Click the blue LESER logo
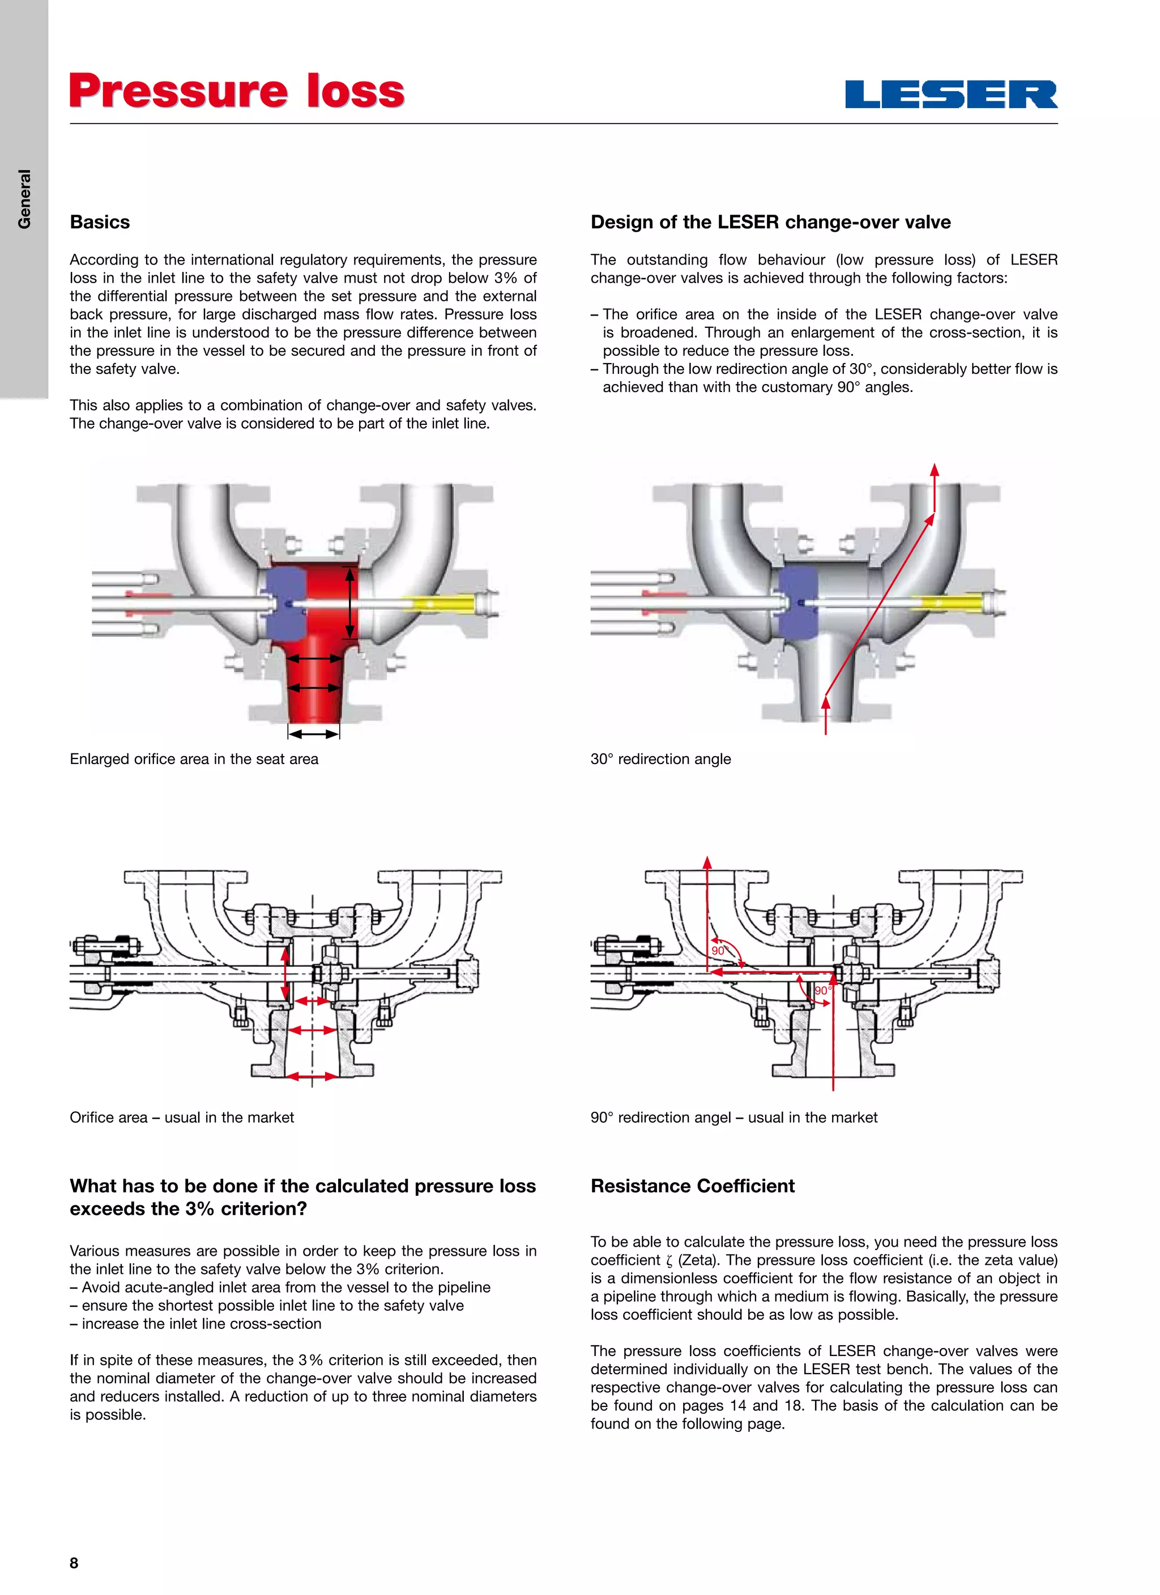click(951, 94)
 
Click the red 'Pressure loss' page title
click(237, 91)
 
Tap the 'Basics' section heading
click(100, 222)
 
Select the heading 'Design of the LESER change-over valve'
click(770, 222)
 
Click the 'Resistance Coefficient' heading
click(692, 1185)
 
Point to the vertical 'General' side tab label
click(24, 199)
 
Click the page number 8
click(74, 1563)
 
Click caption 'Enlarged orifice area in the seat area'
click(194, 759)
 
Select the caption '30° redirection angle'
click(660, 759)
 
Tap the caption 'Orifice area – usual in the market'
click(181, 1118)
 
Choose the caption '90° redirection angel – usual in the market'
click(733, 1118)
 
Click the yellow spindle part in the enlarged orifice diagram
click(437, 603)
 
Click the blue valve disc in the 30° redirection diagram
click(799, 602)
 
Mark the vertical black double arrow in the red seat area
click(349, 602)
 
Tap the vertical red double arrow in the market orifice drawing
click(285, 975)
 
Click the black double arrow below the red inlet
click(314, 733)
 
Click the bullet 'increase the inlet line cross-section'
click(201, 1324)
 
